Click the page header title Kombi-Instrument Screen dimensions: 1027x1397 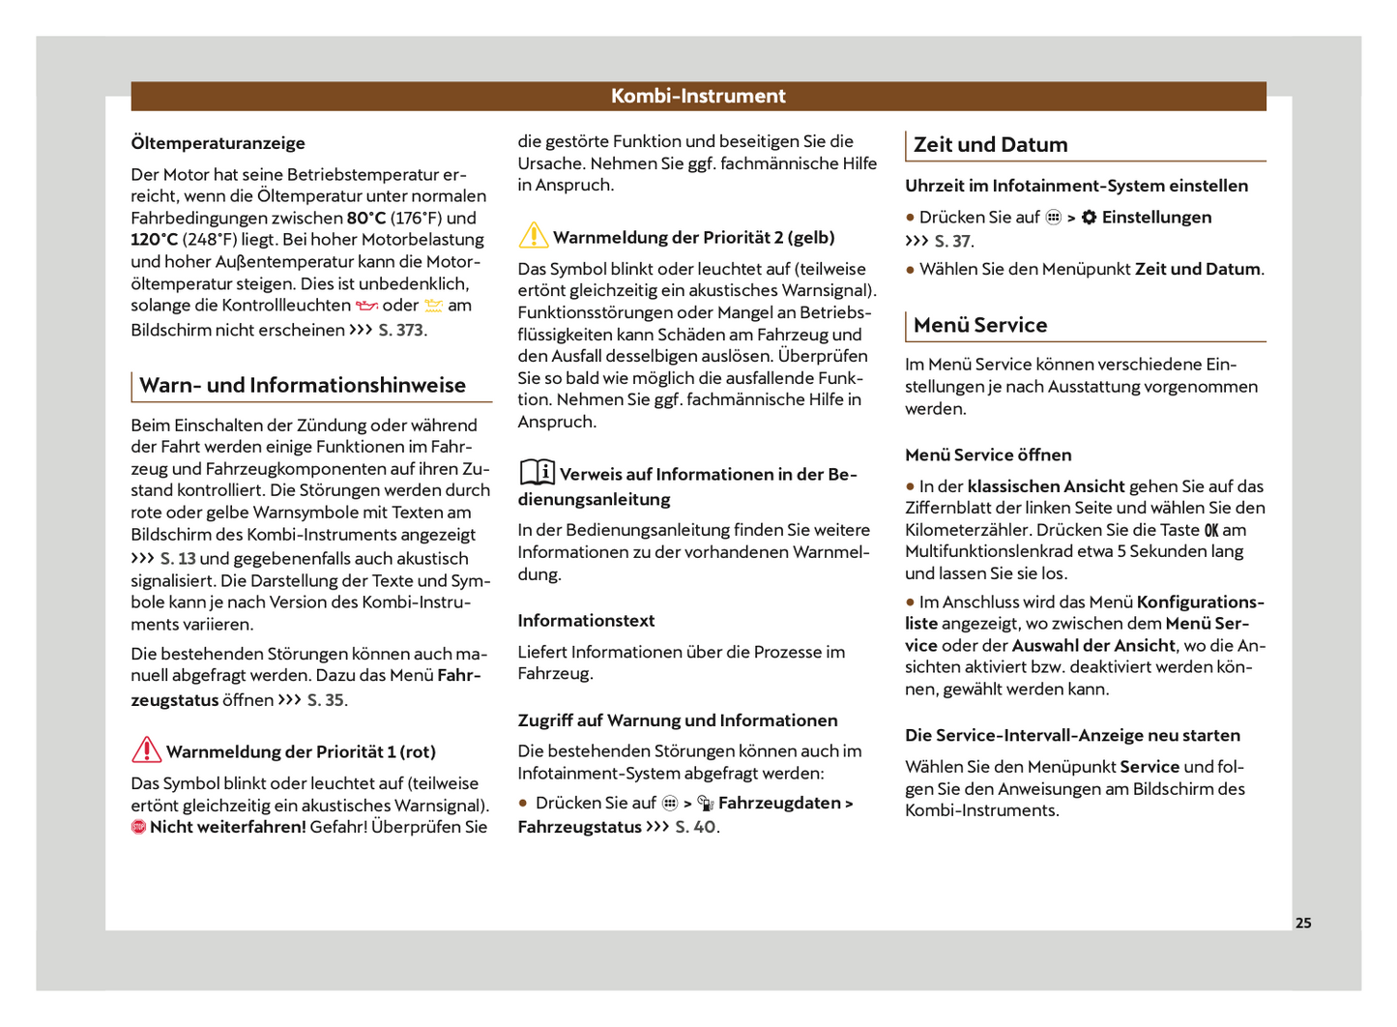pyautogui.click(x=698, y=96)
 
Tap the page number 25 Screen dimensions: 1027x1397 pyautogui.click(x=1303, y=923)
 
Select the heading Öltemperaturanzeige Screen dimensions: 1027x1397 pyautogui.click(x=218, y=143)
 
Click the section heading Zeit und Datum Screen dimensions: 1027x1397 pyautogui.click(x=990, y=145)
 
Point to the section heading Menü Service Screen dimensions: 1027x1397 pyautogui.click(x=979, y=326)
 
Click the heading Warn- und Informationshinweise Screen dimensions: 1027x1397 pyautogui.click(x=302, y=386)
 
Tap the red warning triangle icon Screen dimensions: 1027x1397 pyautogui.click(x=146, y=749)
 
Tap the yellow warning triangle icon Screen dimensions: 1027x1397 pyautogui.click(x=533, y=235)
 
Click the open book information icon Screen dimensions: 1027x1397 pyautogui.click(x=537, y=472)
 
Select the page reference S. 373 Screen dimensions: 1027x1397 pyautogui.click(x=401, y=330)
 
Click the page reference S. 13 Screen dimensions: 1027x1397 pyautogui.click(x=178, y=559)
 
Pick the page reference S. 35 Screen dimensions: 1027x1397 pyautogui.click(x=326, y=700)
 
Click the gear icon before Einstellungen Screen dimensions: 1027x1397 pyautogui.click(x=1089, y=218)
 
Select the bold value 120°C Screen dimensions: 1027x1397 pyautogui.click(x=155, y=240)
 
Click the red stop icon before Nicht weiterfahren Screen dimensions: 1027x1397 pyautogui.click(x=138, y=827)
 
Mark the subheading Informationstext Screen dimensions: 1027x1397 pyautogui.click(x=586, y=621)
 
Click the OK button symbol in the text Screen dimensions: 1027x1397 pyautogui.click(x=1210, y=531)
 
